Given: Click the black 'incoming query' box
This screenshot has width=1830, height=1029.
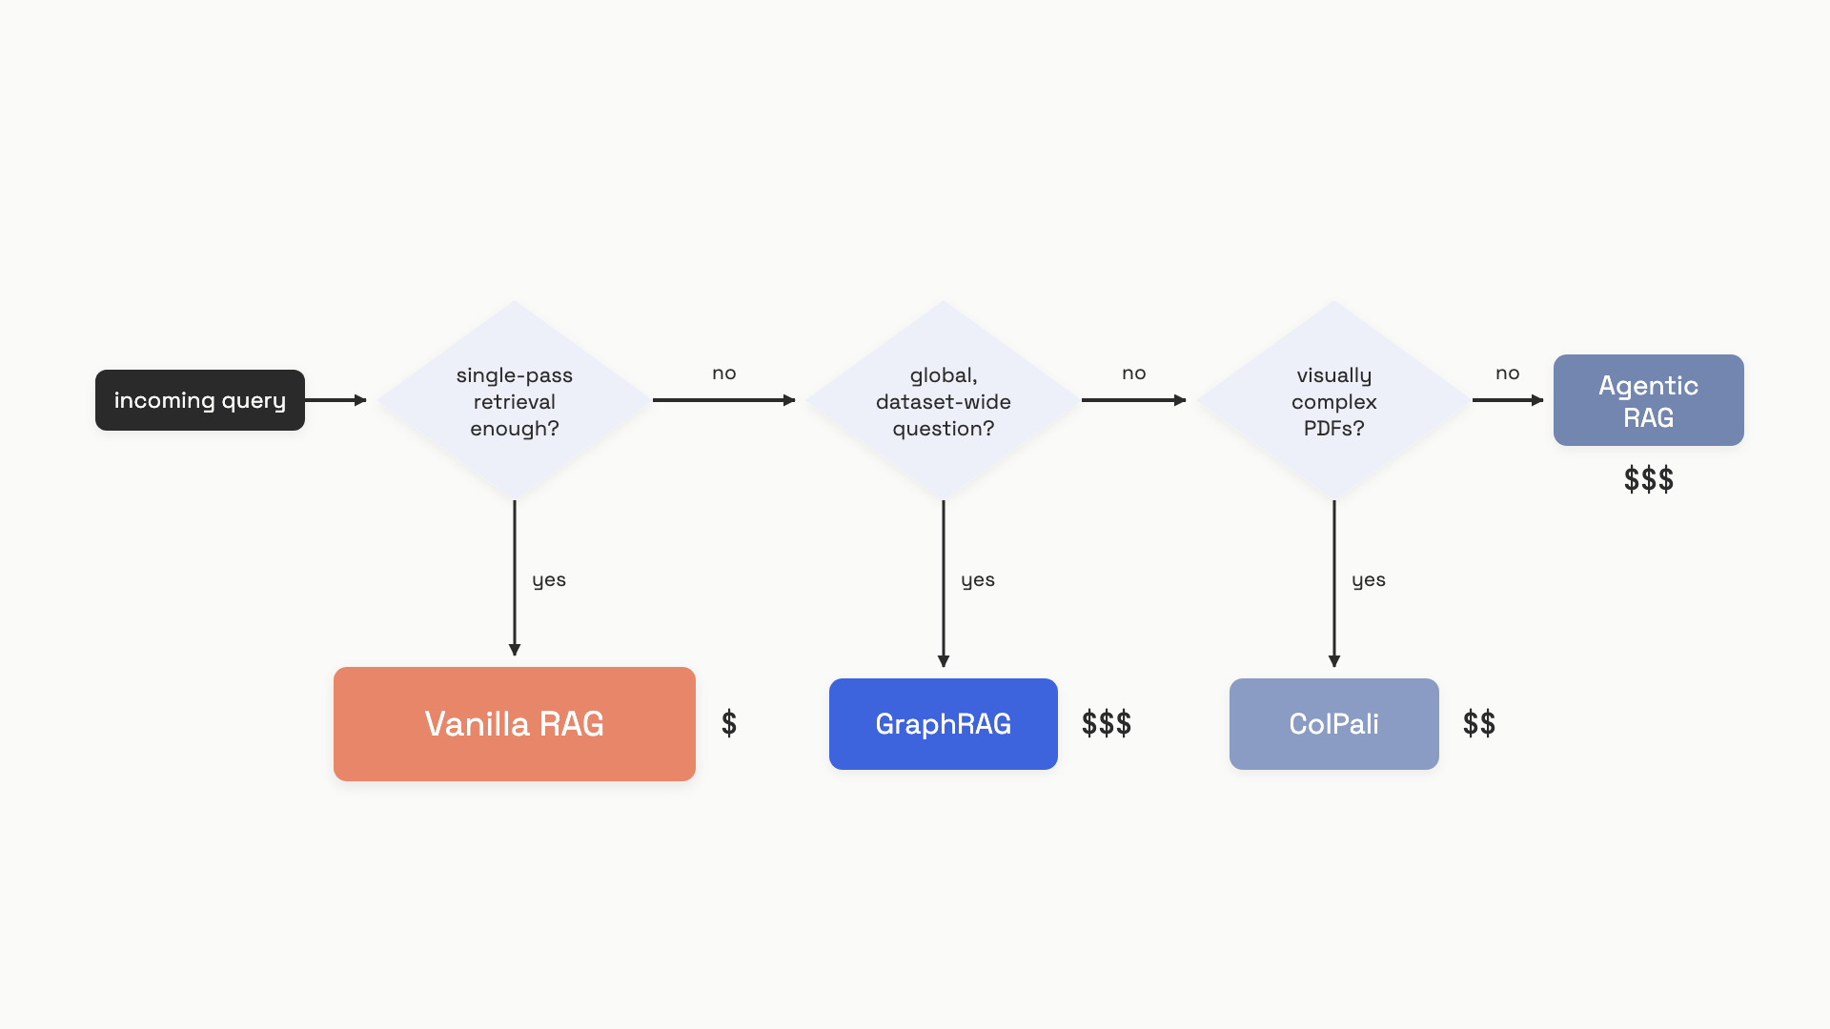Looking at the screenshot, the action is (200, 400).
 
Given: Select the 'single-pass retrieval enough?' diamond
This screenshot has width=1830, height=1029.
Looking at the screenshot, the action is (515, 400).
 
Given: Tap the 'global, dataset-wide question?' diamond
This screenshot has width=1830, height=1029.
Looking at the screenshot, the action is (944, 400).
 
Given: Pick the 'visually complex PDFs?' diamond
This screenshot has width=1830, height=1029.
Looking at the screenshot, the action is (1334, 400).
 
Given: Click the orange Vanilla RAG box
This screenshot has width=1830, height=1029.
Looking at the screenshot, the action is (515, 724).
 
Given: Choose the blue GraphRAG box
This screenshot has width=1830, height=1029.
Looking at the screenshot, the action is (944, 724).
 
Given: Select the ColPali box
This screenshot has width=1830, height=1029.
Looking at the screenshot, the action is (1334, 724).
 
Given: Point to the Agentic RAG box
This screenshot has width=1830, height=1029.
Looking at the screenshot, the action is (1649, 400).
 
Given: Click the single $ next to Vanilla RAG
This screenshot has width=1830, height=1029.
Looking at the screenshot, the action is (729, 723).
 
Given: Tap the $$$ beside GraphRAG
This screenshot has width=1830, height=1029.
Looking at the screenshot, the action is (1107, 723).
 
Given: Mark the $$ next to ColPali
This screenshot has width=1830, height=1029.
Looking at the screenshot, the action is (1479, 723).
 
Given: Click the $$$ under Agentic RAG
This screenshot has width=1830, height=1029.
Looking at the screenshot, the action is (1649, 479).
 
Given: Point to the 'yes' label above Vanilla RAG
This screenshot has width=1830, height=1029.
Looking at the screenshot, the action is (549, 580).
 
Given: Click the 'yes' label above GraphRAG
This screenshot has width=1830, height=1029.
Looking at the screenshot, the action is (978, 580).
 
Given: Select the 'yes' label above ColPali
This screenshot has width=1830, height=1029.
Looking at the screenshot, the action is (1369, 580).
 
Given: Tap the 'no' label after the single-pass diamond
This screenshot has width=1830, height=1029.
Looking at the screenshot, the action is (724, 373).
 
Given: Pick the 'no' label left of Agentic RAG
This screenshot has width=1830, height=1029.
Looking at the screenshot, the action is (1508, 373).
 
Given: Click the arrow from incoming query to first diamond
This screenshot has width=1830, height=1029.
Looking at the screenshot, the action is (335, 400).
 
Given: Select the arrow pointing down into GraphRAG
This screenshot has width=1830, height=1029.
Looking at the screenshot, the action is (944, 583).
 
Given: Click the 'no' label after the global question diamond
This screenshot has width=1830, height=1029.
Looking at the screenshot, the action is (1134, 373).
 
